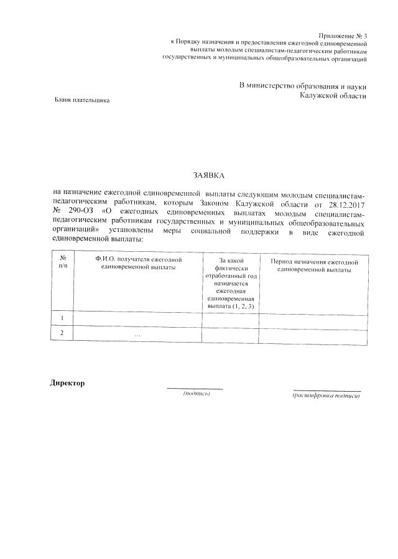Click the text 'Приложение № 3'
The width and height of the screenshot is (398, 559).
(343, 37)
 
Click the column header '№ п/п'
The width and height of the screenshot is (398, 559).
(62, 262)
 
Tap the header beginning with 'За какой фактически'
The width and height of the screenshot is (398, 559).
(229, 283)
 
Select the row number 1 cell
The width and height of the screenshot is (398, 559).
(62, 318)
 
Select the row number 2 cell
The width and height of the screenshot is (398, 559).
(62, 333)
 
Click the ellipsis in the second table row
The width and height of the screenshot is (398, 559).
(137, 335)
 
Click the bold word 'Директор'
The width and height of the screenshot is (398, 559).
(67, 382)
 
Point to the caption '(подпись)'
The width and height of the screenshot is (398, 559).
(196, 394)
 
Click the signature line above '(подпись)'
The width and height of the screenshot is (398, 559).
(195, 389)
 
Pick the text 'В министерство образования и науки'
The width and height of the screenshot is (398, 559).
(303, 85)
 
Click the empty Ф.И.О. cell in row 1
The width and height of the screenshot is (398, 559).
(137, 318)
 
